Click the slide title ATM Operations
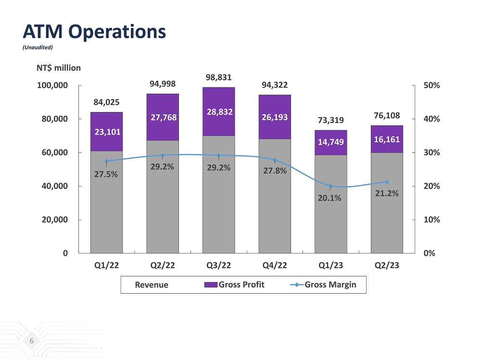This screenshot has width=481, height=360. point(94,32)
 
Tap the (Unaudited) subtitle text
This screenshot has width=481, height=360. point(38,47)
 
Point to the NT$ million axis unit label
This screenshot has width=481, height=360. point(59,68)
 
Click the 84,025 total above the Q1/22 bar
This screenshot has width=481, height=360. point(106,102)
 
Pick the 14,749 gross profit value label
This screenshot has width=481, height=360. point(330,143)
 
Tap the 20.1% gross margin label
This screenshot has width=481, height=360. point(329,198)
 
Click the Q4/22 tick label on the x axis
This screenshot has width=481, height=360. point(275,266)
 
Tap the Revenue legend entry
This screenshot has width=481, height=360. point(152,285)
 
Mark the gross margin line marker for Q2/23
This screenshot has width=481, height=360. point(387,182)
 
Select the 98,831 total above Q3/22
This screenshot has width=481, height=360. point(218,77)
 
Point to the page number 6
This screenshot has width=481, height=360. point(32,341)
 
